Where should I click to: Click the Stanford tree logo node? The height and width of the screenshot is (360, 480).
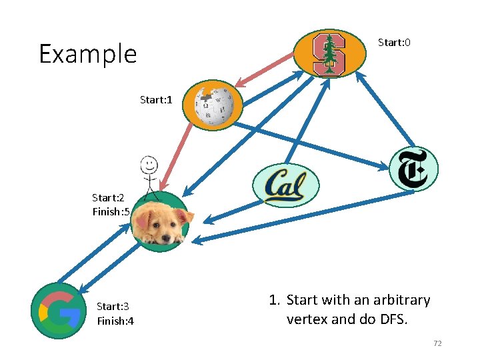coord(329,53)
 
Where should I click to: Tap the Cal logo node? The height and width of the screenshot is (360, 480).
coord(286,185)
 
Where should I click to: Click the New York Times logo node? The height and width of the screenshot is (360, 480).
coord(413,169)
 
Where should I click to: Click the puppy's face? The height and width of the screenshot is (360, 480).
coord(161,223)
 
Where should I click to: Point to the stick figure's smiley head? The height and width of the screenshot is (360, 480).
coord(149,163)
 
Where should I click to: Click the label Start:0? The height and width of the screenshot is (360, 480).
coord(394,43)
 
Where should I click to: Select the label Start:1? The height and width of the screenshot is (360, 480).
coord(156,100)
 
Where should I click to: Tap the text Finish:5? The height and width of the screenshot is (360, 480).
coord(111,212)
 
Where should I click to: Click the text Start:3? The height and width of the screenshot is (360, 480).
coord(113,307)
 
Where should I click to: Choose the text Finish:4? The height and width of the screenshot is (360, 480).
coord(115,321)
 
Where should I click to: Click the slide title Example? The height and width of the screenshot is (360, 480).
coord(87,54)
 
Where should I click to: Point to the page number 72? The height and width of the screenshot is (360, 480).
coord(437,343)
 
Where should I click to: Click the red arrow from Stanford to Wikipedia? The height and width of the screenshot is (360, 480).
coord(265,71)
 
